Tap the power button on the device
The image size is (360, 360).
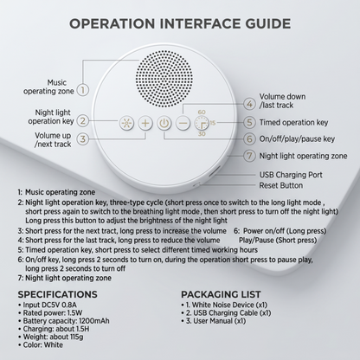[x=164, y=124]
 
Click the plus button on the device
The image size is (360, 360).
[x=145, y=124]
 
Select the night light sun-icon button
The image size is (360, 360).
[x=126, y=124]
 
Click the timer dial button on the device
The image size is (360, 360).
[x=202, y=124]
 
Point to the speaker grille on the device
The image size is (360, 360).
[x=164, y=79]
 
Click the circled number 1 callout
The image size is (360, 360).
[x=83, y=90]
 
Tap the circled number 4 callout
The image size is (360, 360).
[x=249, y=104]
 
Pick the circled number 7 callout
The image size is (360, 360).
[x=249, y=156]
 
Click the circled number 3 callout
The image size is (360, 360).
[x=83, y=139]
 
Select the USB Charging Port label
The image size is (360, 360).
[x=291, y=175]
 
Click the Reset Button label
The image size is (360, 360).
[x=281, y=185]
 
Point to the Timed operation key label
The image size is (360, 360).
[x=293, y=123]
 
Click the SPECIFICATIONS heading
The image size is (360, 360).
[x=58, y=294]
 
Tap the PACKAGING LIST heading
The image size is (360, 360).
[x=221, y=294]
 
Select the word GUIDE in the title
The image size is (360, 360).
[x=268, y=23]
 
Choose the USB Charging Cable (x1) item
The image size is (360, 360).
[x=228, y=313]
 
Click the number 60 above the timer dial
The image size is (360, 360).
[x=202, y=112]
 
